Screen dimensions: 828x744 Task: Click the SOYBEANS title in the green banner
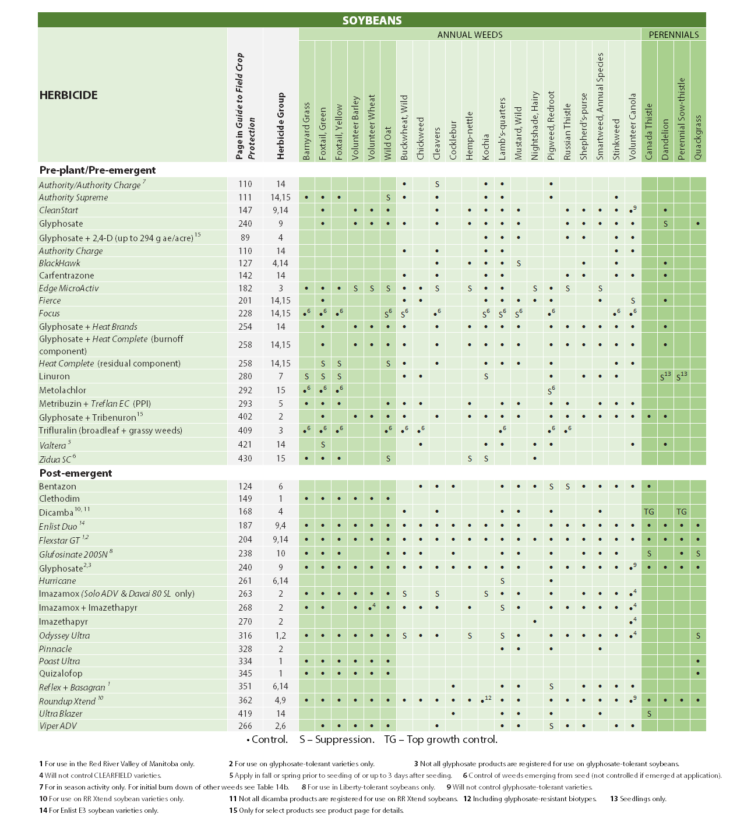tap(372, 20)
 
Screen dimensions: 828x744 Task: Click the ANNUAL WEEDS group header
tap(470, 35)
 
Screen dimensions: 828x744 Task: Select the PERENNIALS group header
tap(674, 35)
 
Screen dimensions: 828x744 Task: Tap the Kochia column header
tap(486, 146)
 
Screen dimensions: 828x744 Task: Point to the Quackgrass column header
tap(698, 137)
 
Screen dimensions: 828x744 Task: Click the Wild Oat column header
tap(388, 143)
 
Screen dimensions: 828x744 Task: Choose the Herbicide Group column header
tap(281, 126)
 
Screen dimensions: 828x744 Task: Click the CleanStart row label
tap(58, 210)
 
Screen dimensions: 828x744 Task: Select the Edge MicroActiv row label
tap(69, 288)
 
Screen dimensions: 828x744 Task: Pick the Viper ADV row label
tap(58, 726)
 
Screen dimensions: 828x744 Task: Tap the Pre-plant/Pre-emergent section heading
tap(97, 170)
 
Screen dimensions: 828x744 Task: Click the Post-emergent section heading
tap(76, 473)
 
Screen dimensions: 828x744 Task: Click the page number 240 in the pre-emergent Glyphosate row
tap(245, 224)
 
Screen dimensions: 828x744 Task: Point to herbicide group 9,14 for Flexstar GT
tap(280, 540)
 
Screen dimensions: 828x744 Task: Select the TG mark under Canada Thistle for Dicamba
tap(648, 512)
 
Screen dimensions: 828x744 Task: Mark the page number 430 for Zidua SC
tap(245, 459)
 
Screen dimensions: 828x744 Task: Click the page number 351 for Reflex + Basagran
tap(245, 686)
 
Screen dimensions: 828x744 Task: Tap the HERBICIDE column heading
tap(68, 95)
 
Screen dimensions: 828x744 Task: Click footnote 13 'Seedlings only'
tap(639, 799)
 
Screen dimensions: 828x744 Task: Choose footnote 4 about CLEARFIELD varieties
tap(100, 776)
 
